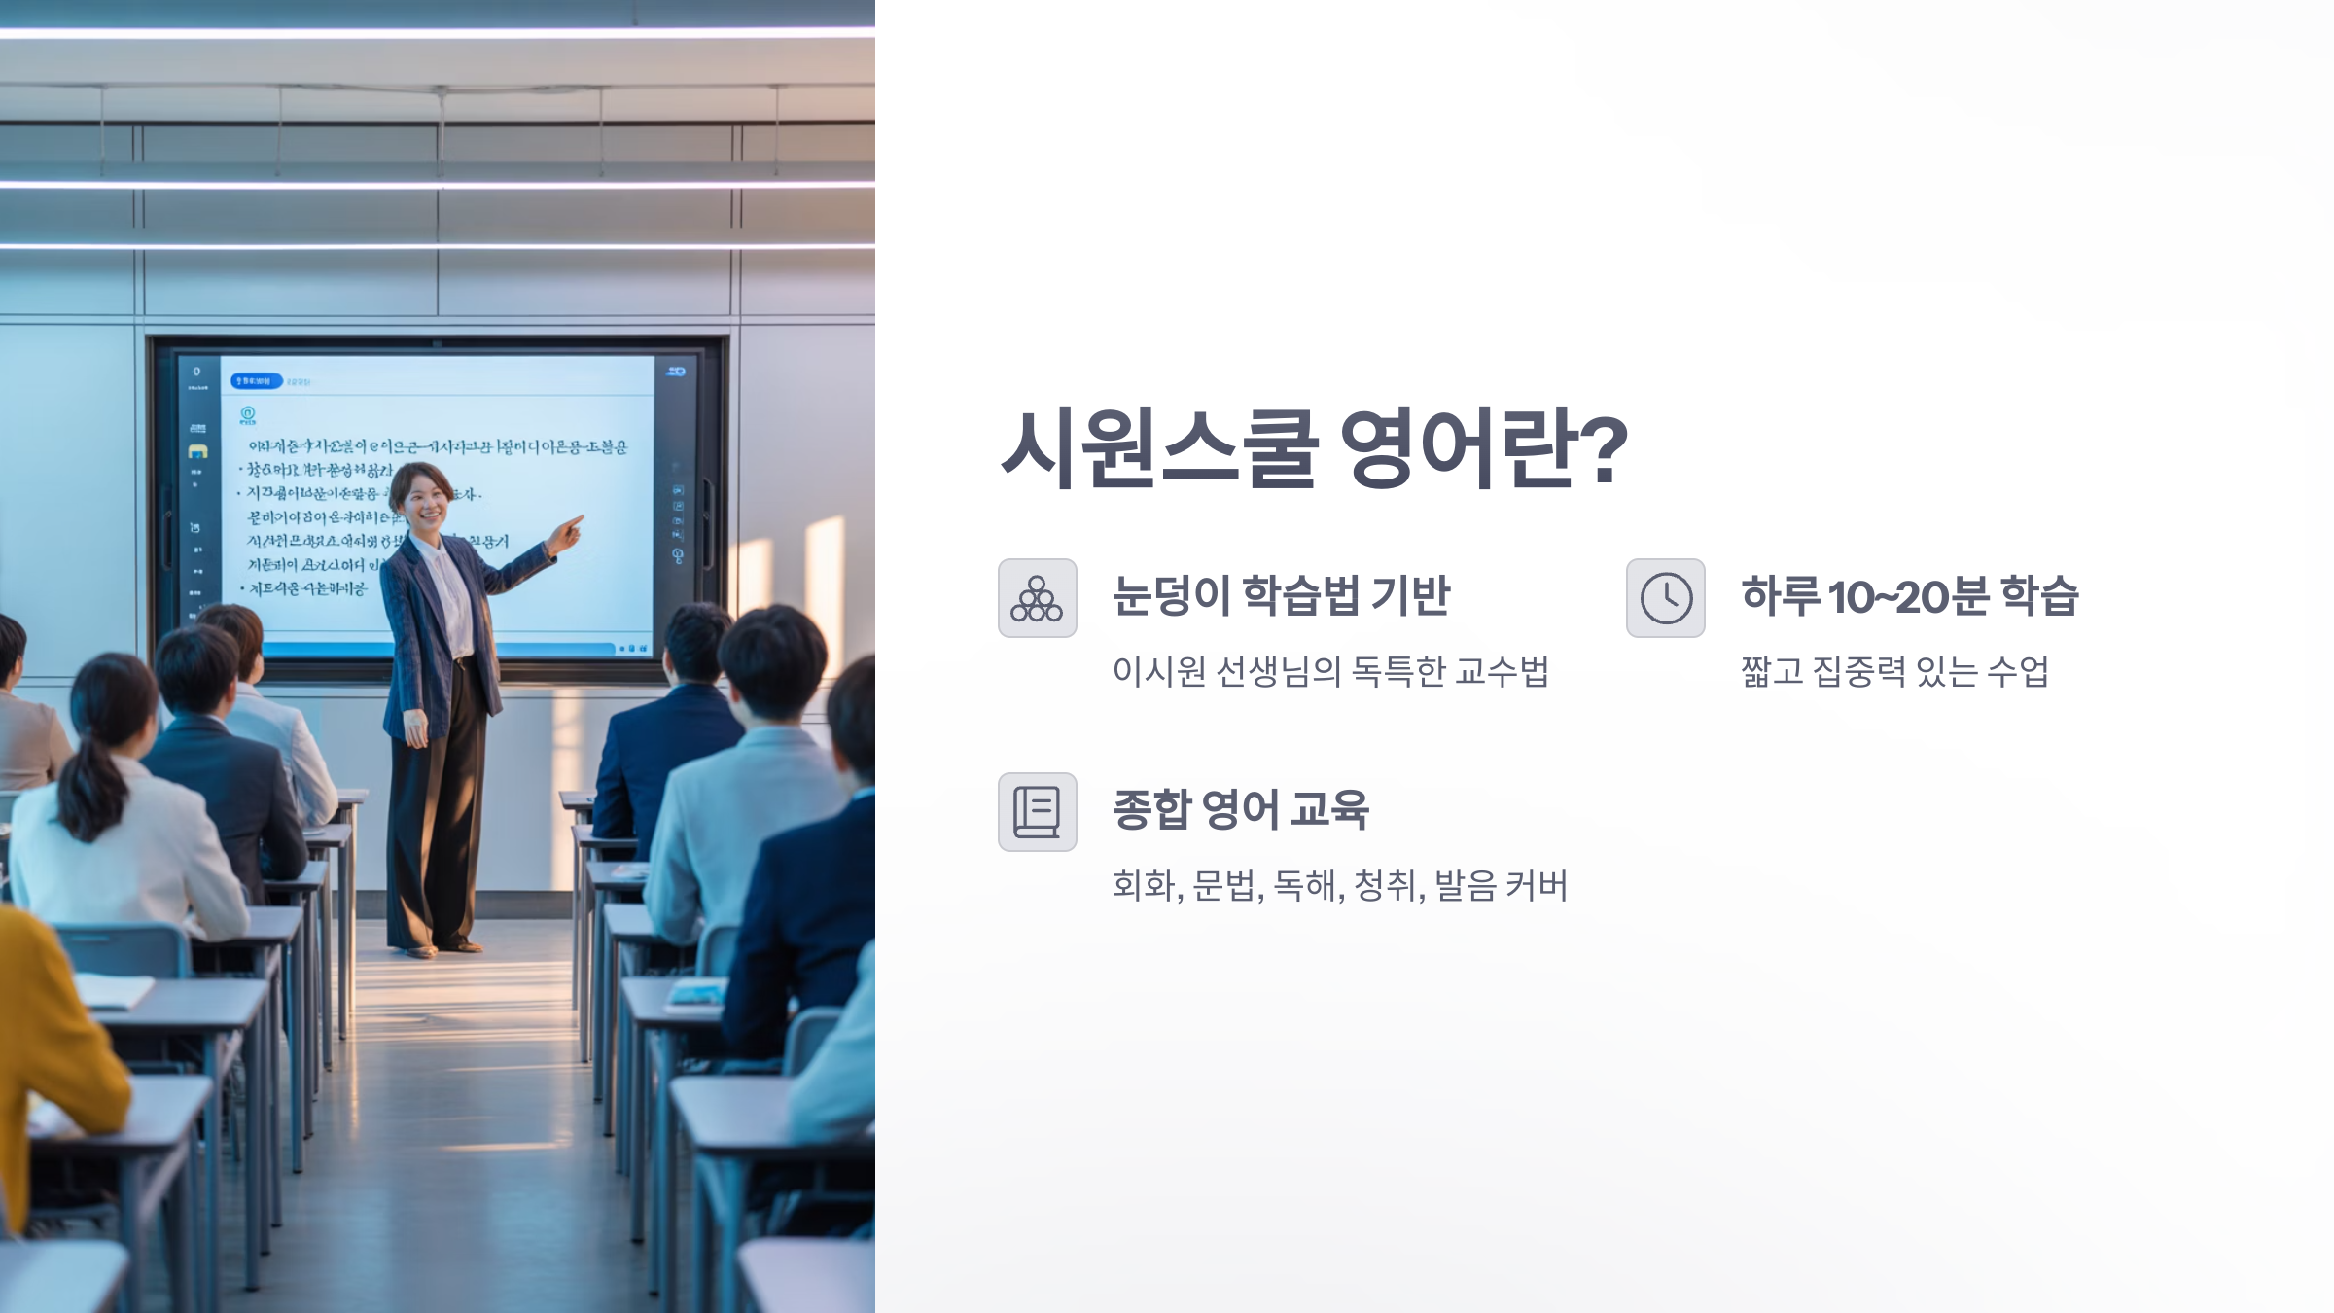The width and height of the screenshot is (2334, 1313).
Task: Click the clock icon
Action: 1665,598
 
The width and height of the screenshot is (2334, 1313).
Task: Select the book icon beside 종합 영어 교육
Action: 1037,812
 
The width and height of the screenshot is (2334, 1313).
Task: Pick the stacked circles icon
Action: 1037,598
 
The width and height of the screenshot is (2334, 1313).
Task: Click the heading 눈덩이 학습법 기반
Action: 1281,595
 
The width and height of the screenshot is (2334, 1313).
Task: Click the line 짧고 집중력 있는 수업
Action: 1894,671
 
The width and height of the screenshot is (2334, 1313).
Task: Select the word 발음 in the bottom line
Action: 1465,885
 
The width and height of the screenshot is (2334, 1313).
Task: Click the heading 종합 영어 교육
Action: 1240,809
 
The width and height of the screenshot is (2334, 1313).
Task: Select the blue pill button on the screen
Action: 256,381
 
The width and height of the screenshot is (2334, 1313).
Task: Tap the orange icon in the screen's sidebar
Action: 197,451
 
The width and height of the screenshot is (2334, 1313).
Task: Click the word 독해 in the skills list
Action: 1303,885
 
